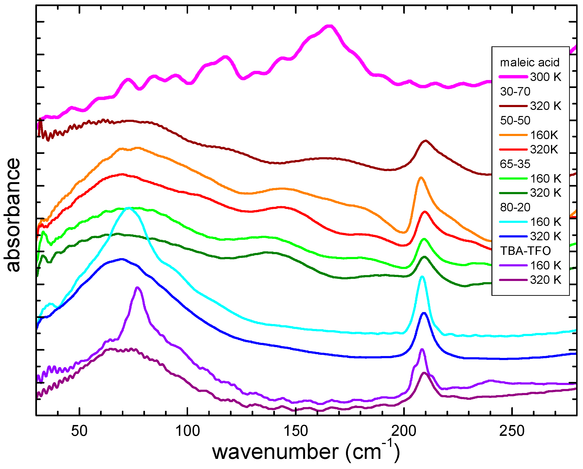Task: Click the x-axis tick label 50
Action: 79,431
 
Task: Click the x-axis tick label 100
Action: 187,431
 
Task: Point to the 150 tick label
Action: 296,431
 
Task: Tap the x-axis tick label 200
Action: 404,431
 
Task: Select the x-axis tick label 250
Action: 512,431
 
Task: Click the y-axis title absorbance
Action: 12,215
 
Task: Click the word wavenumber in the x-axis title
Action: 275,452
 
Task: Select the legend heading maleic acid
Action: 530,62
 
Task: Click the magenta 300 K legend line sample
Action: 513,77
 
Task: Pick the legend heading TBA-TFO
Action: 525,251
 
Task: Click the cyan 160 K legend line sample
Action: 513,222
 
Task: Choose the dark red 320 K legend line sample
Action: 513,106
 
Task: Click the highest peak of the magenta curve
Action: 329,26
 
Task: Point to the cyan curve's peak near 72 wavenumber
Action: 129,208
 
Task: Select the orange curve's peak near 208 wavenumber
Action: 421,177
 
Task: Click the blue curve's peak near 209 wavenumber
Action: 424,313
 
